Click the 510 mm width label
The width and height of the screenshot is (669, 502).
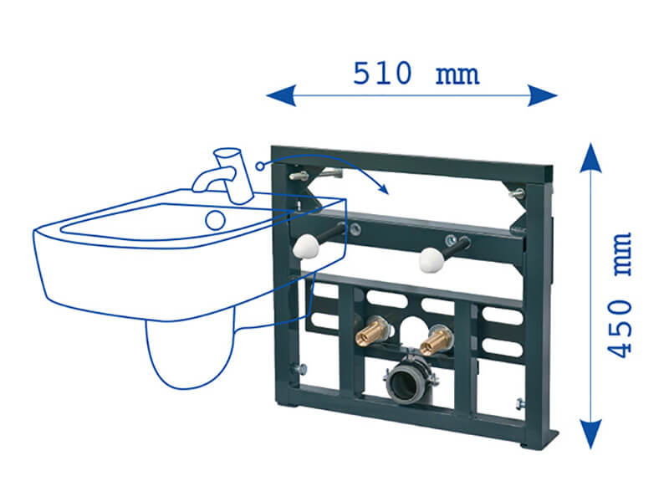pyautogui.click(x=416, y=74)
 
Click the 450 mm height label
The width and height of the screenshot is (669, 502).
pyautogui.click(x=619, y=295)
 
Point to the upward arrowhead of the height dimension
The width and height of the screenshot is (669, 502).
pyautogui.click(x=590, y=157)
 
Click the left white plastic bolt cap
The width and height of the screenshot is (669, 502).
pyautogui.click(x=305, y=247)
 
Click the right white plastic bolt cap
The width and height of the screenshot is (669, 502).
pyautogui.click(x=432, y=260)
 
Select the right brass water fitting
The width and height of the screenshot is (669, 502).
pyautogui.click(x=435, y=341)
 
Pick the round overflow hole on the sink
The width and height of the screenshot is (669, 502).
pyautogui.click(x=216, y=220)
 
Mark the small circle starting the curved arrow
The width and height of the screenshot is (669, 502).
pyautogui.click(x=260, y=166)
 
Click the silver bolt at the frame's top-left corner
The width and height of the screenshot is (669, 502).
pyautogui.click(x=299, y=176)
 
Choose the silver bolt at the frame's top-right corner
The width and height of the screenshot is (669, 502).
pyautogui.click(x=517, y=193)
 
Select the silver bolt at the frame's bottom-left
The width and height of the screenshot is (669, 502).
pyautogui.click(x=299, y=368)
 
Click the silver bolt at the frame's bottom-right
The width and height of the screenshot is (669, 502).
pyautogui.click(x=520, y=403)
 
